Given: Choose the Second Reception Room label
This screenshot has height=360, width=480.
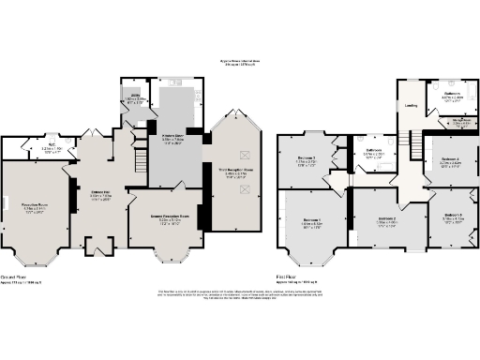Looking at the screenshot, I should coord(164,221).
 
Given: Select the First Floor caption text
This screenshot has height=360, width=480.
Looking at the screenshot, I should coord(288,277).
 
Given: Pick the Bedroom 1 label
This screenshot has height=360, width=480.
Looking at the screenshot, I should coord(311,221).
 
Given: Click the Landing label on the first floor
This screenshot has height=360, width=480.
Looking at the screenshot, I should coord(411,106).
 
